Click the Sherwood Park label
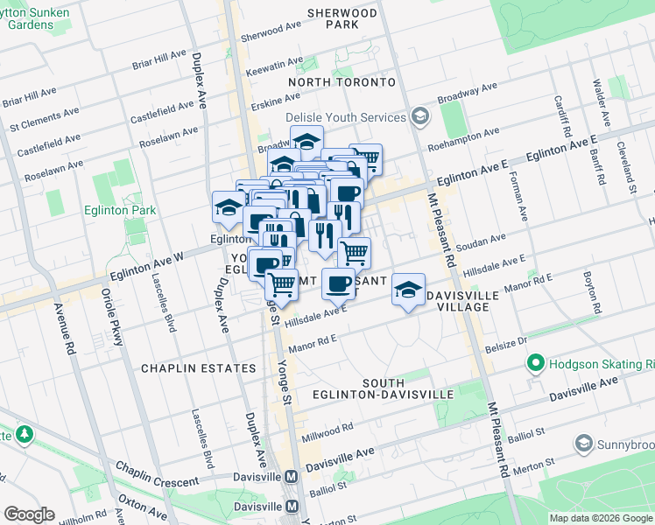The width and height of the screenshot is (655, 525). click(342, 18)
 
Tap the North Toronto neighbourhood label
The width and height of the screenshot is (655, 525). click(342, 82)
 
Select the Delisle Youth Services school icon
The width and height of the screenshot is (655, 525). click(420, 116)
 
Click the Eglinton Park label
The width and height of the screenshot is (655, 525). click(120, 210)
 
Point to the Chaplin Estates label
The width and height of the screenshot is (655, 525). click(199, 368)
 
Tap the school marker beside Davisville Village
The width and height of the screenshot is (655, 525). click(408, 290)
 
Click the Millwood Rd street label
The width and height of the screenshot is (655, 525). click(332, 432)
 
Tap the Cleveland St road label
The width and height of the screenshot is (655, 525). click(627, 167)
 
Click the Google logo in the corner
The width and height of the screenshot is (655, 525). click(29, 514)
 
